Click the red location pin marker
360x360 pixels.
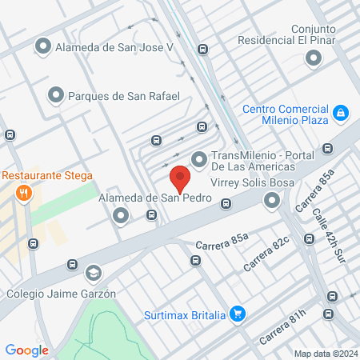180,178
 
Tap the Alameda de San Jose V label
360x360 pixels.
114,47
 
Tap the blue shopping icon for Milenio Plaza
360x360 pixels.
342,114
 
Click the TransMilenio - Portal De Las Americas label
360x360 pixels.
252,162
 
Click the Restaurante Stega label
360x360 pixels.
47,175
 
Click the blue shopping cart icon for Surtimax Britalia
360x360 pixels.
237,313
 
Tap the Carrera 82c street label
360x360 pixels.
266,253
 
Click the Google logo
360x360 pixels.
26,350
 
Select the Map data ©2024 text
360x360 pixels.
324,354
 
